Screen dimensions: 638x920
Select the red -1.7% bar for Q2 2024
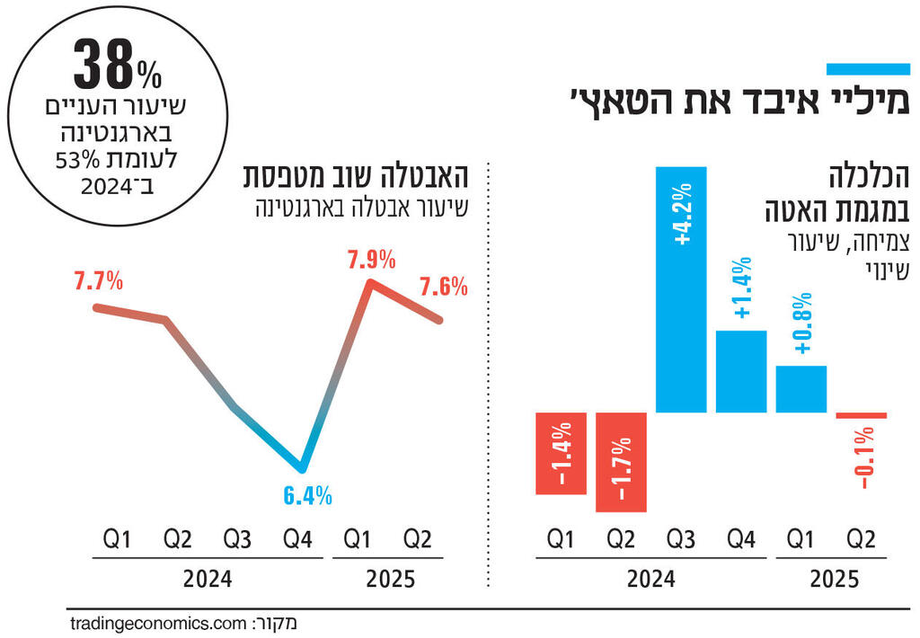(x=621, y=462)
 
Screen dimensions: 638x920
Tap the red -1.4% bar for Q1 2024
(x=562, y=453)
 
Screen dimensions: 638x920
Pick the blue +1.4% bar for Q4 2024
(x=741, y=371)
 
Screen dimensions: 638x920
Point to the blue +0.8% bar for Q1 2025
(x=801, y=389)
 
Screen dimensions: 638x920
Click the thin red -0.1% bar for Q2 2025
(x=862, y=415)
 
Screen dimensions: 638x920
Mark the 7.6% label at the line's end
(x=443, y=288)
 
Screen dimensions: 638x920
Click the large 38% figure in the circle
(x=113, y=65)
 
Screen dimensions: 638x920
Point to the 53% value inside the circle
(x=141, y=162)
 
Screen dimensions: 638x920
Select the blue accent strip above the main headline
(x=869, y=69)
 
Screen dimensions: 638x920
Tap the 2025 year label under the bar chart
(x=833, y=580)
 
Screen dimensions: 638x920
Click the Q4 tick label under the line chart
(x=297, y=540)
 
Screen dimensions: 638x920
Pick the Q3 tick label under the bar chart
(x=681, y=540)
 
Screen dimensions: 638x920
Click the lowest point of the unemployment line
(x=303, y=468)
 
